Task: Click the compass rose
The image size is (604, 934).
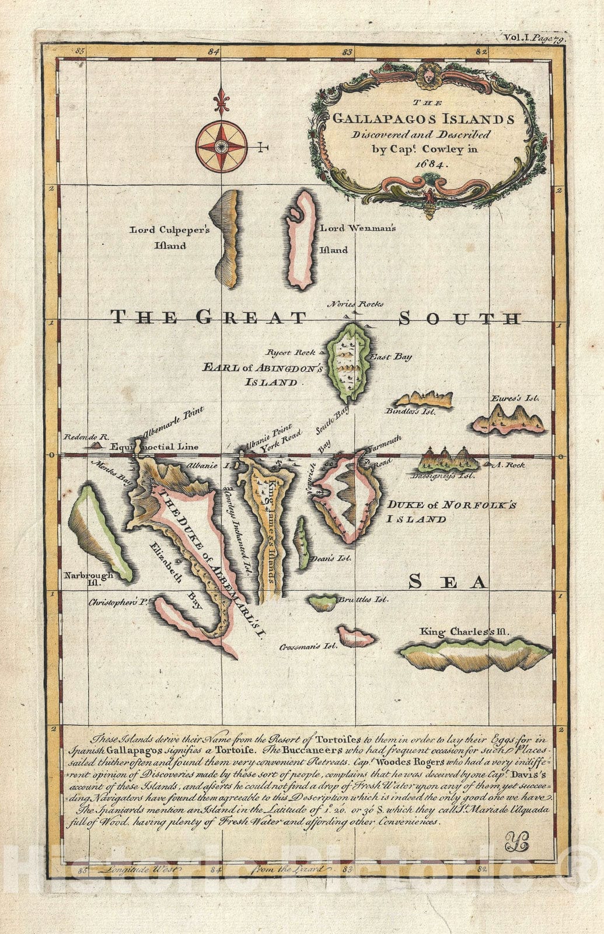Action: click(x=221, y=146)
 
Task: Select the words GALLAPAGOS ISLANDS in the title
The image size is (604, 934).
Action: click(x=423, y=120)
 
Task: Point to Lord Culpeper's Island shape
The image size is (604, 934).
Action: click(x=226, y=239)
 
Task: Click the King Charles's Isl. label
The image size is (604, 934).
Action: click(x=465, y=632)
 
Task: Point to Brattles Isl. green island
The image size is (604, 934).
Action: click(x=323, y=602)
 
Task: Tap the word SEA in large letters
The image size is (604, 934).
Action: click(x=446, y=581)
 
